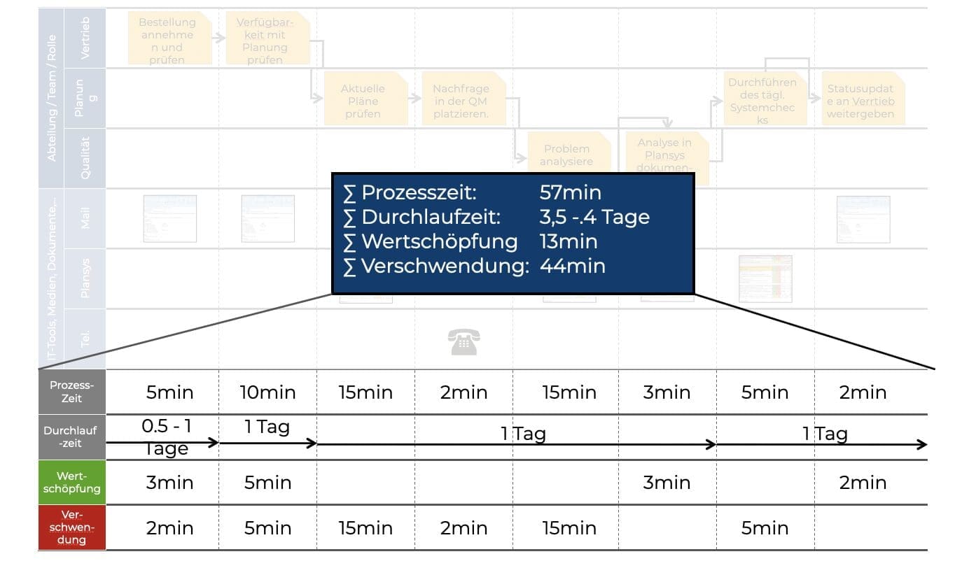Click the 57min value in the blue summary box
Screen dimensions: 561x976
(570, 193)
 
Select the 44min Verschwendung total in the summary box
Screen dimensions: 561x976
(572, 266)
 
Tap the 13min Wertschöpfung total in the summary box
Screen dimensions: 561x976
(569, 241)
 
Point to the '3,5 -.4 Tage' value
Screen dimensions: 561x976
(594, 218)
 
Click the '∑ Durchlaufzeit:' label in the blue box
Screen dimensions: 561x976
(422, 218)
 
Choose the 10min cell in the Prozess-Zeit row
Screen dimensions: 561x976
(267, 392)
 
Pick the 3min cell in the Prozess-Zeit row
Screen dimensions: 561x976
(667, 392)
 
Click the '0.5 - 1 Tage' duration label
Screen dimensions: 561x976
(165, 436)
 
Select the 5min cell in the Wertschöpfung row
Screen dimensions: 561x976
(267, 483)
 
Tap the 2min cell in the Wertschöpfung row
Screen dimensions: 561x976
(863, 483)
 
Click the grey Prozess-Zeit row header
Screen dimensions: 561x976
(71, 392)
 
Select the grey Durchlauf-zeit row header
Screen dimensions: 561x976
(71, 437)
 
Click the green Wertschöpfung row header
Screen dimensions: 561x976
(71, 483)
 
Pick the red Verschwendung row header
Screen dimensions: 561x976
(71, 527)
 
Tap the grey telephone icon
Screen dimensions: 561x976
(463, 342)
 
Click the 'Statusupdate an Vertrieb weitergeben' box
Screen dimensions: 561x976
(860, 101)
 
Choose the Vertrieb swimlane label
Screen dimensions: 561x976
(85, 38)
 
